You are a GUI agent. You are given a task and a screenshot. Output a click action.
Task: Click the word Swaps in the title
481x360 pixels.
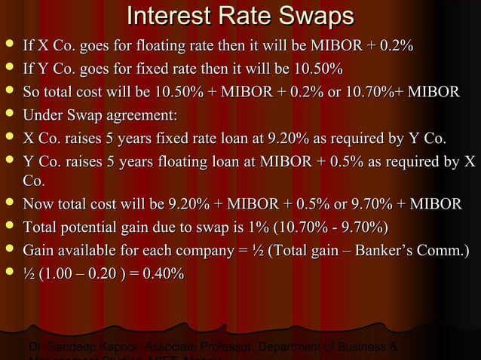[311, 17]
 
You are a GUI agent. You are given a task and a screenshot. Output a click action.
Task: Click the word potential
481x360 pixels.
[90, 227]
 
